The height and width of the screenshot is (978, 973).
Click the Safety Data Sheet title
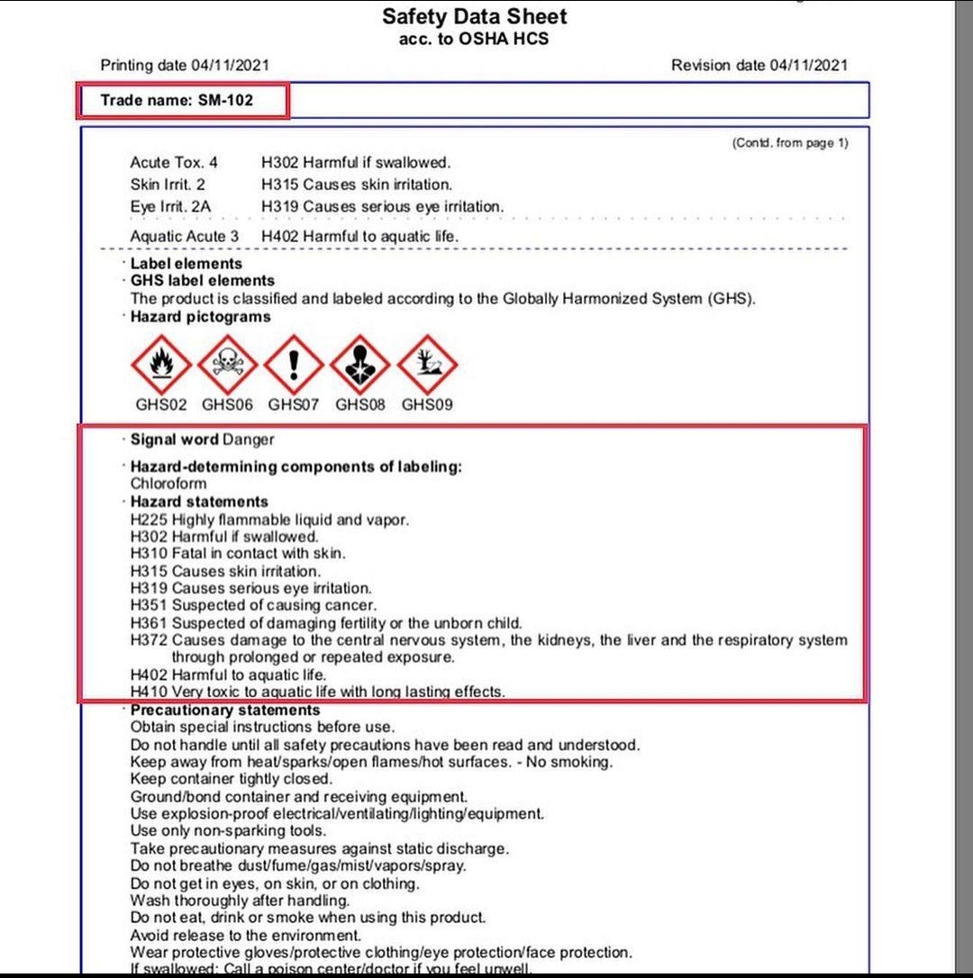(x=475, y=16)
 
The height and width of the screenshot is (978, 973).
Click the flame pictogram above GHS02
(x=161, y=364)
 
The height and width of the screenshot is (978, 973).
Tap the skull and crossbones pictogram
(x=228, y=364)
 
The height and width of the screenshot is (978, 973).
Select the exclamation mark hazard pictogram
(x=294, y=364)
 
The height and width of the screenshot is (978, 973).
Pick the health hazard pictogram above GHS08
(x=360, y=364)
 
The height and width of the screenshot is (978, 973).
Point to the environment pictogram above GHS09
(x=427, y=364)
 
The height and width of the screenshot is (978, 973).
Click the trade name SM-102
(x=225, y=100)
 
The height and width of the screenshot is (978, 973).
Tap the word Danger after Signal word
(x=249, y=439)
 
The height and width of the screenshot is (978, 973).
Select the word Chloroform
(x=168, y=484)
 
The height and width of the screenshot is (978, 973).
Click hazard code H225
(x=149, y=520)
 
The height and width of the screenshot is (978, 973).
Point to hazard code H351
(x=149, y=605)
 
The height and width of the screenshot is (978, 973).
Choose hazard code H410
(x=149, y=692)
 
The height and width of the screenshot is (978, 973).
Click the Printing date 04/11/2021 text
(x=185, y=65)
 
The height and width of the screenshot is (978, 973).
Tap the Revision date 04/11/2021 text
(x=759, y=65)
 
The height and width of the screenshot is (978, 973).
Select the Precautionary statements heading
(x=225, y=710)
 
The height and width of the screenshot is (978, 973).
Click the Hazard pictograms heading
(x=200, y=317)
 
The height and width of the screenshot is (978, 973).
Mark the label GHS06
(x=227, y=405)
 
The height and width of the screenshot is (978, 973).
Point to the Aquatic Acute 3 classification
(x=185, y=236)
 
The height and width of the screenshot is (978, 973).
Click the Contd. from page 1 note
(x=790, y=142)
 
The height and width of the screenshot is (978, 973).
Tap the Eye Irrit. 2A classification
(x=170, y=206)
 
